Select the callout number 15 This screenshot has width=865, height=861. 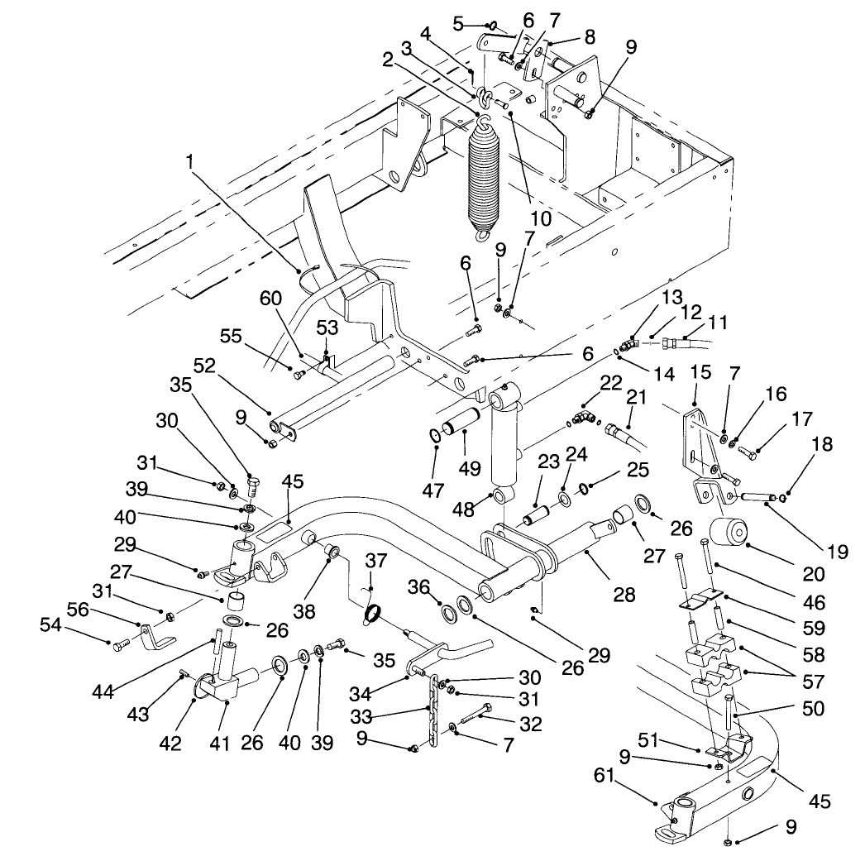700,374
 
